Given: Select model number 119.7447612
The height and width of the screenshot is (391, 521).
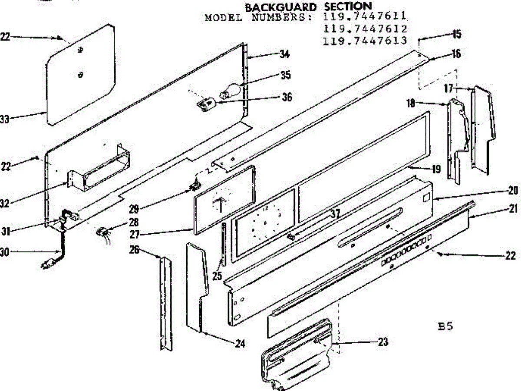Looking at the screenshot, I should (x=366, y=29).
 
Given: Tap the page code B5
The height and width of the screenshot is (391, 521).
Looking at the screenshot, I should (x=446, y=326).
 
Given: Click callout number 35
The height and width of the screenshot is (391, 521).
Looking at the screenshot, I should (x=285, y=75).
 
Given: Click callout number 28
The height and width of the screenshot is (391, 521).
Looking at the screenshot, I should (x=134, y=222).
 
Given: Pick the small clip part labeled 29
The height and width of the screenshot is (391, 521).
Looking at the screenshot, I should (x=195, y=187).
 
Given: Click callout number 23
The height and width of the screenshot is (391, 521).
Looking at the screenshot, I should (x=383, y=342).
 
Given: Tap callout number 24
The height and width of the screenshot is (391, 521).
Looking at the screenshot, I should (x=240, y=344).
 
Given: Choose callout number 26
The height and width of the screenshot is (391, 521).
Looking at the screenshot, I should (x=135, y=250).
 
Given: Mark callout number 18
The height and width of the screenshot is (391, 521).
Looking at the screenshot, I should (x=411, y=103).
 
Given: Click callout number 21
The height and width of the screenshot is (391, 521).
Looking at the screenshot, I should (x=514, y=209).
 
